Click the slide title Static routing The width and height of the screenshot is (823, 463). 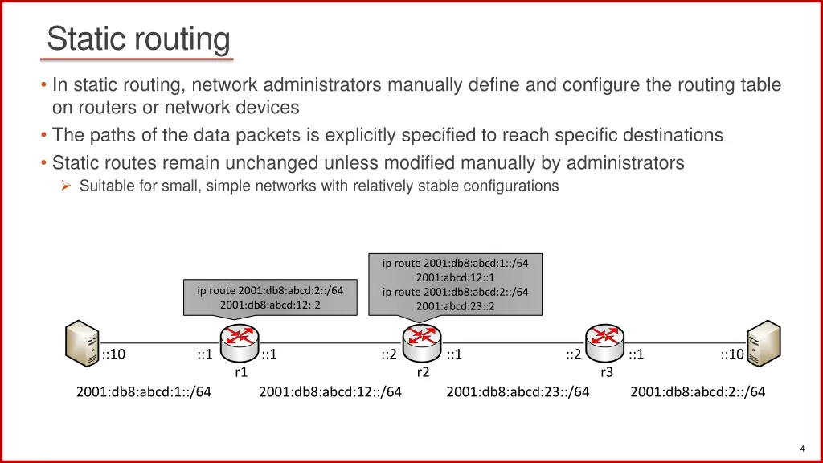coord(138,39)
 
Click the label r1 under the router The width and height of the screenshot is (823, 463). coord(240,372)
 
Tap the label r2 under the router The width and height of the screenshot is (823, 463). coord(423,372)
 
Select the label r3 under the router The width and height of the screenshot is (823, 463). coord(607,372)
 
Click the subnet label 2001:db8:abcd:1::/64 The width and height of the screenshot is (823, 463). coord(144,392)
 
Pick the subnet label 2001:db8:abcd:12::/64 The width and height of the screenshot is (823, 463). coord(330,392)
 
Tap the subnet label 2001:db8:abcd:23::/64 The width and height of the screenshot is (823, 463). coord(518,392)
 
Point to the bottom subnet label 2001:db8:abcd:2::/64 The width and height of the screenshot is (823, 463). coord(698,392)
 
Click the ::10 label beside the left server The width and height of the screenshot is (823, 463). coord(113,354)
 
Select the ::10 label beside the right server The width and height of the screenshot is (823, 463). coord(731,354)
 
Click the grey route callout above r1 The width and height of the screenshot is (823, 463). coord(270,297)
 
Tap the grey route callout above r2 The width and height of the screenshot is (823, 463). coord(455,284)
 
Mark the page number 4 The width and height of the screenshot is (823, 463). coord(802,448)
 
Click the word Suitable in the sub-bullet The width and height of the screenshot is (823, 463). coord(104,186)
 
